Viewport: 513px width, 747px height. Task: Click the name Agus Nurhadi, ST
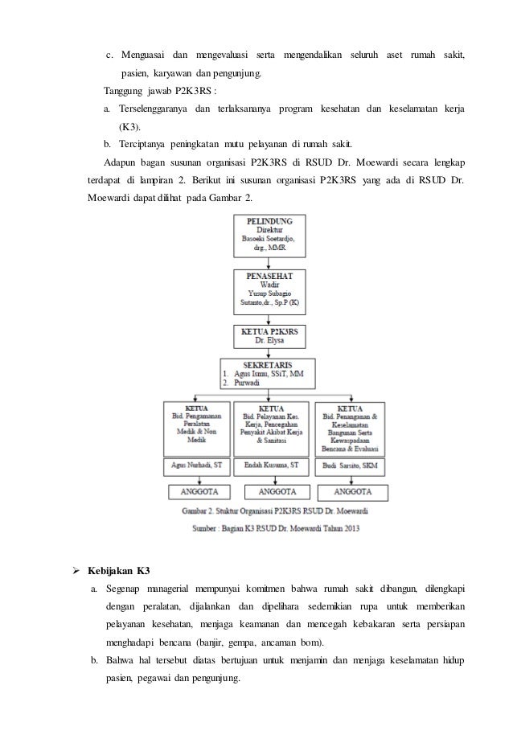(197, 465)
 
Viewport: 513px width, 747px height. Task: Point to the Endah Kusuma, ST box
(271, 465)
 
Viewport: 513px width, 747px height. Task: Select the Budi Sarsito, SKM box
(351, 465)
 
